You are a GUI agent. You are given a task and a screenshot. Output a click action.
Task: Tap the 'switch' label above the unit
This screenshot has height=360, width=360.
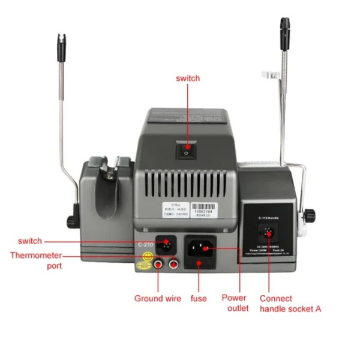(x=187, y=79)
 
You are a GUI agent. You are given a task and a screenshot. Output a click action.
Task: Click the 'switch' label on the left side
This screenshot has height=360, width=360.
(x=30, y=241)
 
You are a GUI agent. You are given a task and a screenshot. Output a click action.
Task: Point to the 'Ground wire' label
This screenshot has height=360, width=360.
(x=157, y=298)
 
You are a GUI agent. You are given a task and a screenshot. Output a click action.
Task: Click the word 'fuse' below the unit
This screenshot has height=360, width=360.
(x=199, y=298)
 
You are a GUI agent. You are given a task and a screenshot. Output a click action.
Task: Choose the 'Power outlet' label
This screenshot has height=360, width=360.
(x=234, y=303)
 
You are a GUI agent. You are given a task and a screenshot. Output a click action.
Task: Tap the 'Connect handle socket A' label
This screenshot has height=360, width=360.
(x=290, y=303)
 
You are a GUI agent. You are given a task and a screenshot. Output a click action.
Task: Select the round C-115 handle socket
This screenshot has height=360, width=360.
(x=268, y=232)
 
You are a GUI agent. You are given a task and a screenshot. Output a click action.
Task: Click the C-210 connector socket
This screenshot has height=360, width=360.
(x=166, y=244)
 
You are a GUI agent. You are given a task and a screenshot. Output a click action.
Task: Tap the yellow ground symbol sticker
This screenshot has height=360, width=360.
(x=145, y=259)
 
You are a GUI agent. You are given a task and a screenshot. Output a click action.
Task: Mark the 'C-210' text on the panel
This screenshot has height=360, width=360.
(x=146, y=245)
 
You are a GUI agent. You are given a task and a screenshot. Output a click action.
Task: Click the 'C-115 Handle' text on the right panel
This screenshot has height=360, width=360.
(x=268, y=218)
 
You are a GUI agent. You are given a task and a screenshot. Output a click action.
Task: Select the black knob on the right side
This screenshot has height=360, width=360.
(x=310, y=213)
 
